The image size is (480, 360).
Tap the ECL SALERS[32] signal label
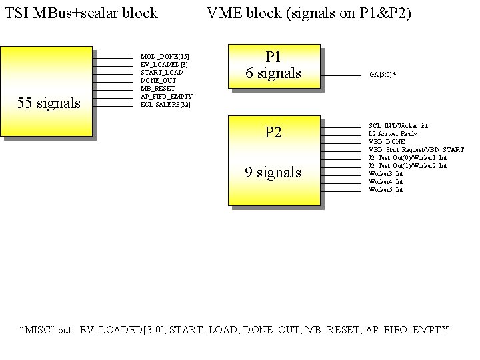[165, 105]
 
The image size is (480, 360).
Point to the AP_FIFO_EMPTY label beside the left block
[166, 97]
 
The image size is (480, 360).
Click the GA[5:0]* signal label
[383, 75]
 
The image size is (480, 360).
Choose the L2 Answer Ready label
[393, 134]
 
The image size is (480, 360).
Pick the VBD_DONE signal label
[387, 142]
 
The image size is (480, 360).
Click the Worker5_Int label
[385, 190]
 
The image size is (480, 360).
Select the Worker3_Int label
[385, 174]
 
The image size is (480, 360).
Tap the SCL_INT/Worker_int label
[398, 126]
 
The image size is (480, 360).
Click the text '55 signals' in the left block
[48, 103]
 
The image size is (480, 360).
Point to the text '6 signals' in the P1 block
[273, 73]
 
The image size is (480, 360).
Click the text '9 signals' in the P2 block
[273, 173]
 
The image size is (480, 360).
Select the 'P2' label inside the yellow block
[273, 132]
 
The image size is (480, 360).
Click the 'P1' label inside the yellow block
[273, 57]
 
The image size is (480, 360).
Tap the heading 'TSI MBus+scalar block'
[81, 13]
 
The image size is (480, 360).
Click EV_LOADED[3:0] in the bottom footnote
[123, 330]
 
